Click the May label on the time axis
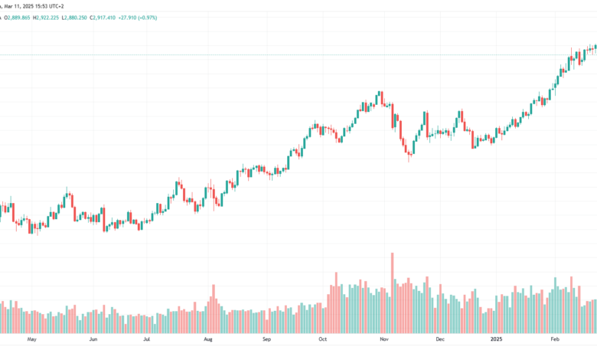pos(31,339)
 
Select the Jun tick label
pos(93,339)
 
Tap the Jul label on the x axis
pos(147,339)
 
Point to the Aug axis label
pos(208,339)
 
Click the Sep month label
pos(266,339)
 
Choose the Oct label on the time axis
pos(323,339)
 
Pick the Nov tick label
pos(384,339)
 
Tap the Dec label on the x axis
pos(440,339)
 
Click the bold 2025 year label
pos(496,339)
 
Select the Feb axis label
pos(555,339)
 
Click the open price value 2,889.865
pos(18,18)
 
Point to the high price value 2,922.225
pos(47,18)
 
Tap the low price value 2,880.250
pos(75,18)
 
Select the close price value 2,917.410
pos(104,18)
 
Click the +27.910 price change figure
pos(127,18)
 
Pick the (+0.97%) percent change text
pos(148,18)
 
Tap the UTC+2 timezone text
pos(57,6)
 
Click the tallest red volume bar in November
pos(392,293)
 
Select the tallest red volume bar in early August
pos(214,309)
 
